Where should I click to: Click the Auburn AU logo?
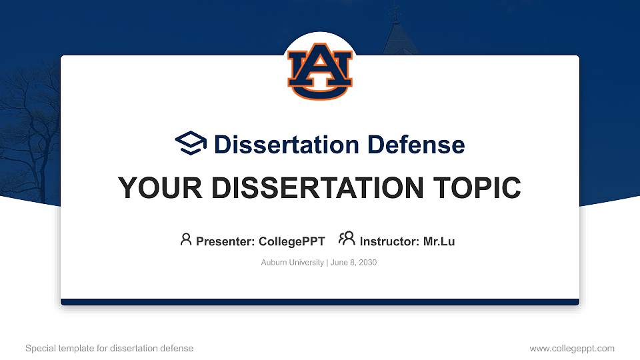tap(320, 71)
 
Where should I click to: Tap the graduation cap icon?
tap(191, 143)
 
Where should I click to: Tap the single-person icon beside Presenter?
tap(186, 239)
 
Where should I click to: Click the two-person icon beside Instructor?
tap(347, 239)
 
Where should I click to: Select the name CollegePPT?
tap(291, 241)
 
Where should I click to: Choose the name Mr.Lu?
tap(439, 241)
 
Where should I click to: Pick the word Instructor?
tap(390, 241)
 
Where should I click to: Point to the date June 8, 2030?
tap(353, 263)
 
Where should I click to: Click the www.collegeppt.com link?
tap(572, 348)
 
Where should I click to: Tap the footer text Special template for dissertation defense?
tap(109, 348)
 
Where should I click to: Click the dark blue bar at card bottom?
tap(320, 302)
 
